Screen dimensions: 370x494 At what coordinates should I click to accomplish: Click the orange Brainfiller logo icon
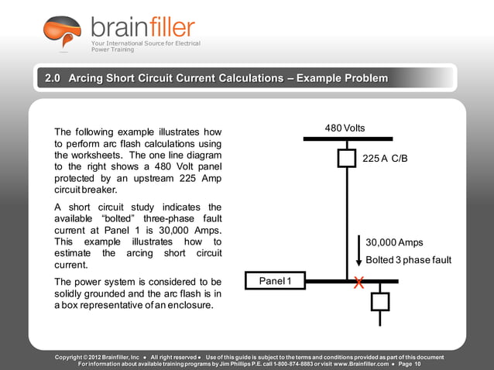click(x=62, y=32)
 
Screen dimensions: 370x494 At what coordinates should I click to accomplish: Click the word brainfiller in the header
click(x=142, y=28)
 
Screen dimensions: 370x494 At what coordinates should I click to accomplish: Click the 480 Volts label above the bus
click(x=345, y=128)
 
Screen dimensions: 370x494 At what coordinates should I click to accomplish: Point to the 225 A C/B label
click(x=385, y=158)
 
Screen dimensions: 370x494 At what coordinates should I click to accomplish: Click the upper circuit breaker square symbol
click(x=347, y=158)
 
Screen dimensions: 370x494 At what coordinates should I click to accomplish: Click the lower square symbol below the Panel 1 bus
click(x=379, y=300)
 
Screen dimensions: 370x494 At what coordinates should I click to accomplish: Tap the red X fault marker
click(x=358, y=283)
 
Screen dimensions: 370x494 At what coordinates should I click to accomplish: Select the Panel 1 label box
click(x=275, y=280)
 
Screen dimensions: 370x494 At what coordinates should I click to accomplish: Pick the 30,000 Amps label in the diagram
click(x=394, y=242)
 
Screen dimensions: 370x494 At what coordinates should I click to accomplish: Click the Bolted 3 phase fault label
click(x=408, y=260)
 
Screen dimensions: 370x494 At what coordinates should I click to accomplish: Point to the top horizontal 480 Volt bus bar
click(x=347, y=139)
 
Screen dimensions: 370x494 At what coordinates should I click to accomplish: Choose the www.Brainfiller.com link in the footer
click(x=363, y=363)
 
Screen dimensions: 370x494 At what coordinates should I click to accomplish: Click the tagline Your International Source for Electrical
click(x=146, y=43)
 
